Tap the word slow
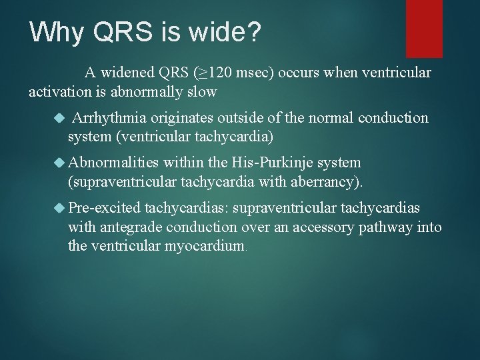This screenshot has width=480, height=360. [x=204, y=92]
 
